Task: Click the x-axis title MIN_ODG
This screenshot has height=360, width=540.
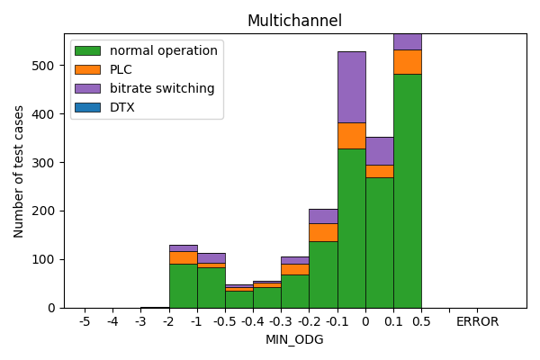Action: [x=294, y=339]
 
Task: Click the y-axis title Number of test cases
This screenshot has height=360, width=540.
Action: [x=19, y=171]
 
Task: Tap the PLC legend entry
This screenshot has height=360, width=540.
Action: [x=121, y=69]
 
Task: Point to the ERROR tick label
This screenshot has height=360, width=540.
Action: [x=477, y=321]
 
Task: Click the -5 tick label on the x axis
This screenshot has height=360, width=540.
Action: [x=85, y=321]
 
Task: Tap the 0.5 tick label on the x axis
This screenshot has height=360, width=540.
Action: [x=421, y=321]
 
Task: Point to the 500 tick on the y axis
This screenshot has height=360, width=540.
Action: [x=47, y=66]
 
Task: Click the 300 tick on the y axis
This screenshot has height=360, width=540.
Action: [x=47, y=163]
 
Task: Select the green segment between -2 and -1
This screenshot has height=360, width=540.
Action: [x=183, y=285]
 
